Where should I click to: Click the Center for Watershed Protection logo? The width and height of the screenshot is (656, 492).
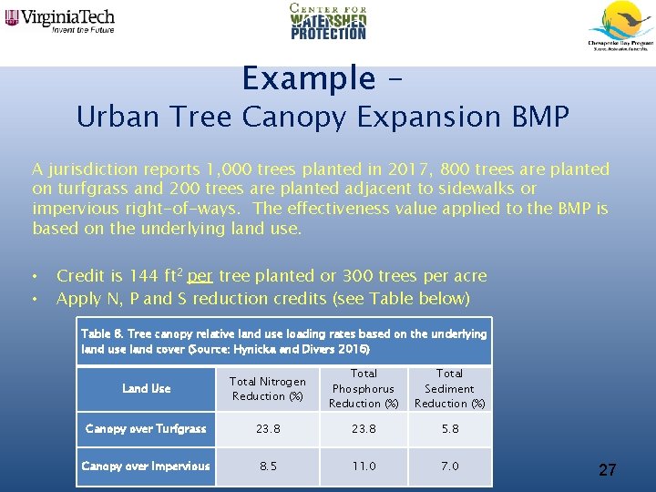[x=328, y=22]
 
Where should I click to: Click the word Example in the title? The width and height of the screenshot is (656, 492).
[x=308, y=79]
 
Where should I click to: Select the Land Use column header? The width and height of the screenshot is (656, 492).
[x=147, y=389]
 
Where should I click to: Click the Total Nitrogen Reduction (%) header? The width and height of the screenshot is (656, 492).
[x=267, y=389]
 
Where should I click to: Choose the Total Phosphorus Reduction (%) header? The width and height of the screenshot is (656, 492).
[x=364, y=389]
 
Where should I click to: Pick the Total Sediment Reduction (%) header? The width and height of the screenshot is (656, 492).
[x=450, y=389]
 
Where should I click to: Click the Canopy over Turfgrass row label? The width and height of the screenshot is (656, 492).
[x=146, y=429]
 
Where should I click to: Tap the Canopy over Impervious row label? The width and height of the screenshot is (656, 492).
[x=146, y=466]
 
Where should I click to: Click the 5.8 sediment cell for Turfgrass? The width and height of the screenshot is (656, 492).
[x=450, y=429]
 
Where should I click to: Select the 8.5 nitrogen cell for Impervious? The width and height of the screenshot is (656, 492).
[x=268, y=466]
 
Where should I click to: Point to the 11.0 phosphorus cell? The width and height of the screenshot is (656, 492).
[x=364, y=466]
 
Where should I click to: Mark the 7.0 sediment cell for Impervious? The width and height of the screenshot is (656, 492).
[x=450, y=466]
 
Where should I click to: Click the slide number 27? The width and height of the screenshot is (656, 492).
[x=607, y=470]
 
